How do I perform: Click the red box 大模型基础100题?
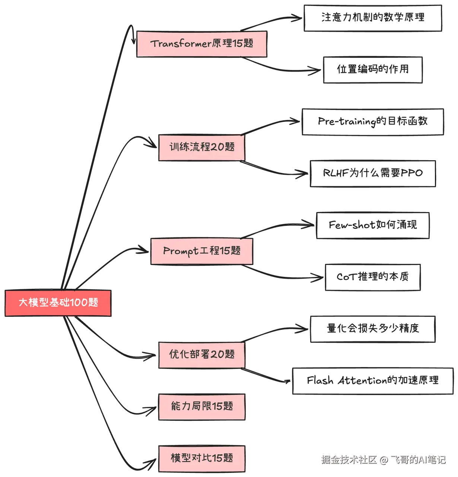(58, 303)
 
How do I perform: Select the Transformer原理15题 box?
(202, 44)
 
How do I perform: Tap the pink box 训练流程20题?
(202, 147)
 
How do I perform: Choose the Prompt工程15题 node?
(201, 251)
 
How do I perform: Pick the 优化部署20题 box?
(201, 354)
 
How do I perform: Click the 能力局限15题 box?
(202, 406)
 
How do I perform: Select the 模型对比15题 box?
(202, 458)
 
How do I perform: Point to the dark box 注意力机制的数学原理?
(373, 18)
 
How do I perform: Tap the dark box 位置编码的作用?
(372, 69)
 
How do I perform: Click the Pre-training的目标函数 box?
(373, 121)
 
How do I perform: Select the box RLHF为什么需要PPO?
(373, 173)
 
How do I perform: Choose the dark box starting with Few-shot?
(373, 225)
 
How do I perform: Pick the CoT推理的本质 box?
(373, 277)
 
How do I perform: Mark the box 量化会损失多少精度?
(373, 329)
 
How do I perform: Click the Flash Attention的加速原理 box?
(373, 380)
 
